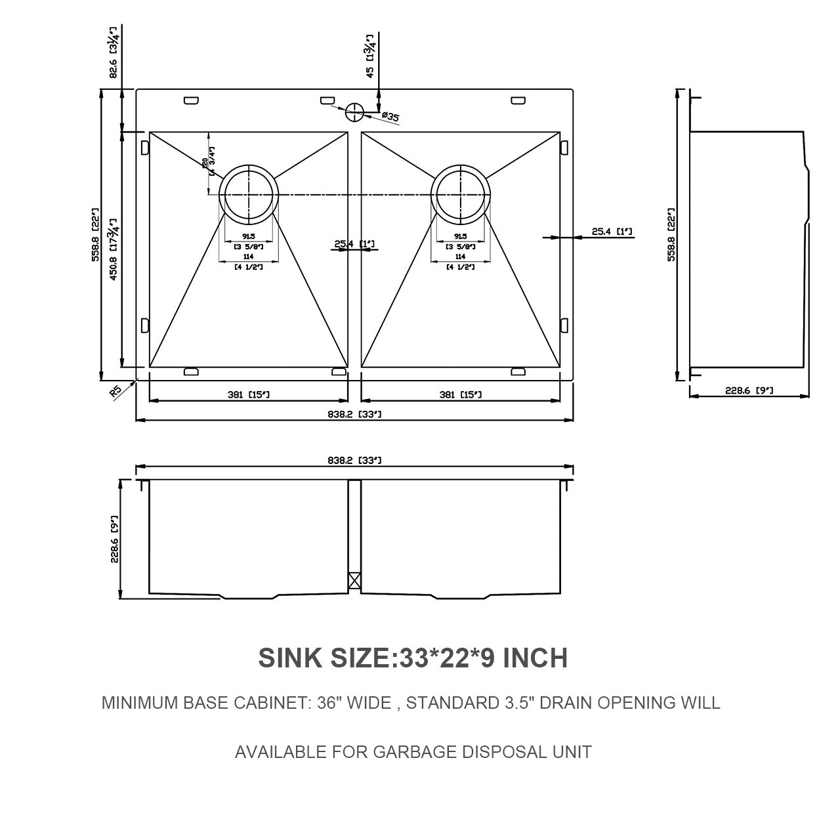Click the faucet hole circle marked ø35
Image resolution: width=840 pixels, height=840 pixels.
click(354, 112)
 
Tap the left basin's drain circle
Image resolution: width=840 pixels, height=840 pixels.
click(249, 195)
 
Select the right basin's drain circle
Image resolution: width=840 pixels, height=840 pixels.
click(460, 195)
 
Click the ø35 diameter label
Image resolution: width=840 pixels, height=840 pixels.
click(390, 117)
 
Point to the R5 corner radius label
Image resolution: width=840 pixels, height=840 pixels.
click(115, 392)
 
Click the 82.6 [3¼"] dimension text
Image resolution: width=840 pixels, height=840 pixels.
click(113, 53)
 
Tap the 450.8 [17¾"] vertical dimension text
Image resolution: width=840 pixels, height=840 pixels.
click(113, 249)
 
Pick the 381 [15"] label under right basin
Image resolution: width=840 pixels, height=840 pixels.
click(460, 394)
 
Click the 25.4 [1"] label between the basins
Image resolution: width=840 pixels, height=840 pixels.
click(354, 244)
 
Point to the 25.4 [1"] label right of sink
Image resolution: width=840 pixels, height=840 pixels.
click(612, 231)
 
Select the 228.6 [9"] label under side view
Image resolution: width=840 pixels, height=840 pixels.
click(749, 390)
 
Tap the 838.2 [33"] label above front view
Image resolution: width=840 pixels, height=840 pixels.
click(354, 461)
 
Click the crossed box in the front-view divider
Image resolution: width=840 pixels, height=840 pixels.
click(354, 580)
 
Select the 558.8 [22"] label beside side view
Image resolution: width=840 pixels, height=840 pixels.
click(671, 236)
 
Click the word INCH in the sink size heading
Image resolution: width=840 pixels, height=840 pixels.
click(535, 658)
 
